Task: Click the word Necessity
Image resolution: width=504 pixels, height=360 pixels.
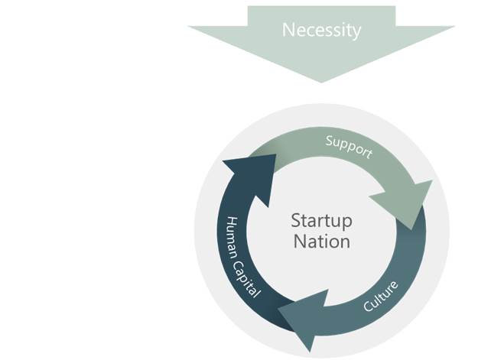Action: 321,31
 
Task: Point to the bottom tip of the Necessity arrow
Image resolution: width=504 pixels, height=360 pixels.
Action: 321,83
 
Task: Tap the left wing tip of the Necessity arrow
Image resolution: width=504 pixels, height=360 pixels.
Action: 188,26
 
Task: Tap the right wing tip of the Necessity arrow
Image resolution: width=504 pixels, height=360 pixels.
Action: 454,26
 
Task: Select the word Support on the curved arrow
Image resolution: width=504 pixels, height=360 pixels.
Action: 349,147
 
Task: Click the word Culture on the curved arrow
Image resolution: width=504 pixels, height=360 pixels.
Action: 381,296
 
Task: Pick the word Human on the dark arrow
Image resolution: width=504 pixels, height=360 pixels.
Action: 232,238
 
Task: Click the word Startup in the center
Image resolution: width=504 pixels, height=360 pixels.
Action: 321,222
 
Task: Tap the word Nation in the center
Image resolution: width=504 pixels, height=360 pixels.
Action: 322,242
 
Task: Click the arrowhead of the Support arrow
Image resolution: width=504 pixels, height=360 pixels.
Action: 405,203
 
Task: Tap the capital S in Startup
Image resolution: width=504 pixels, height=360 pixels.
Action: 296,221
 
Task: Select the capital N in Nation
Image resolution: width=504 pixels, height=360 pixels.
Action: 299,242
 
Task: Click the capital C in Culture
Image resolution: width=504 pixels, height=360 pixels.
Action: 367,306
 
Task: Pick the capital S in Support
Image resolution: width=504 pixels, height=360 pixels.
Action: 330,141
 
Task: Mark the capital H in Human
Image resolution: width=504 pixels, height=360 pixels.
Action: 232,222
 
